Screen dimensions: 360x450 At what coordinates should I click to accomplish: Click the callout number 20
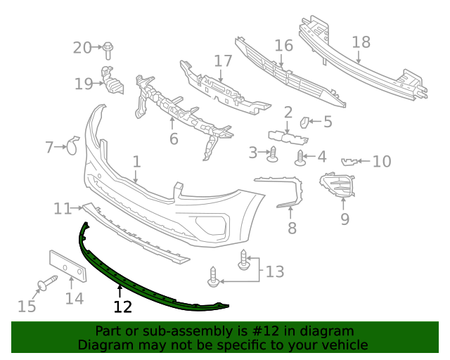pyautogui.click(x=82, y=48)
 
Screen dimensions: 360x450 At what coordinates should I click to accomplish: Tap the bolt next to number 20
pyautogui.click(x=108, y=50)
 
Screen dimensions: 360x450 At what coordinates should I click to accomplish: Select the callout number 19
pyautogui.click(x=84, y=84)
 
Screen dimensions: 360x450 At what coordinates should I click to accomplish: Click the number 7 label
pyautogui.click(x=49, y=148)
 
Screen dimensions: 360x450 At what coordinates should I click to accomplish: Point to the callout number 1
pyautogui.click(x=136, y=162)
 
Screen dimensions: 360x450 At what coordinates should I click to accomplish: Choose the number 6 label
pyautogui.click(x=174, y=139)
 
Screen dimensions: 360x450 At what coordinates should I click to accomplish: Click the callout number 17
pyautogui.click(x=223, y=61)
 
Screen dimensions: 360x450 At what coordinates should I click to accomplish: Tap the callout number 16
pyautogui.click(x=283, y=46)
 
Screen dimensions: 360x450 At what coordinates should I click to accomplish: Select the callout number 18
pyautogui.click(x=361, y=42)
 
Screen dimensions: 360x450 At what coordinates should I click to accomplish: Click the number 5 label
pyautogui.click(x=328, y=122)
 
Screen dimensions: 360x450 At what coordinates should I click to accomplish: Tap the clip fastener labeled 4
pyautogui.click(x=301, y=157)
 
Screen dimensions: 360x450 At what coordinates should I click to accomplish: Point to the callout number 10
pyautogui.click(x=382, y=162)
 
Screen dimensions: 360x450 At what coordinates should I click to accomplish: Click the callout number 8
pyautogui.click(x=292, y=228)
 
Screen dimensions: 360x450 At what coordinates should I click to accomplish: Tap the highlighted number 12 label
pyautogui.click(x=122, y=306)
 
